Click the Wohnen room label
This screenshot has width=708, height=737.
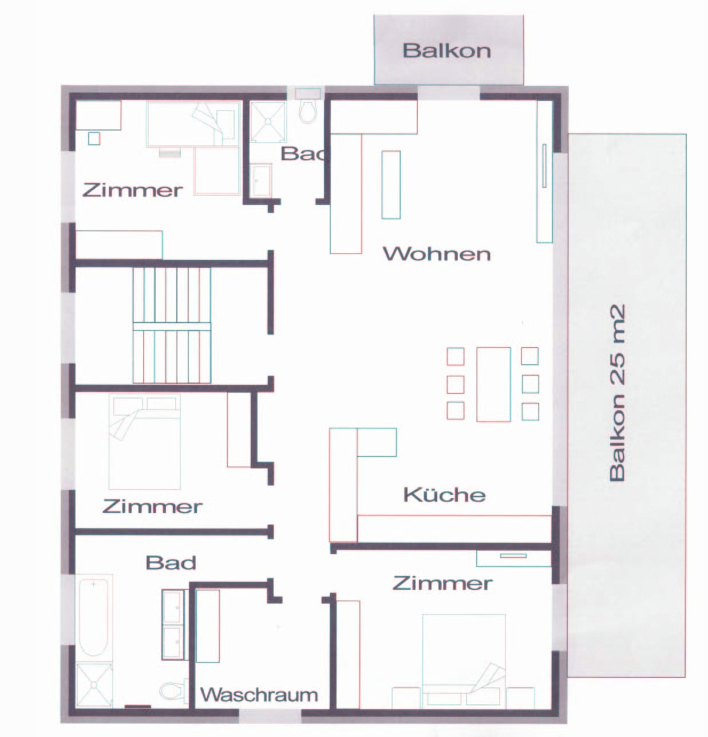pyautogui.click(x=437, y=254)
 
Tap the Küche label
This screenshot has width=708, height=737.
pyautogui.click(x=444, y=495)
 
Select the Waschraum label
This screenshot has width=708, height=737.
pyautogui.click(x=259, y=695)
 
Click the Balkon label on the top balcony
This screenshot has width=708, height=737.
pyautogui.click(x=447, y=51)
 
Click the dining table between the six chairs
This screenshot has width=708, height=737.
pyautogui.click(x=493, y=384)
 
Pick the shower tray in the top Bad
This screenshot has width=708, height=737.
pyautogui.click(x=268, y=121)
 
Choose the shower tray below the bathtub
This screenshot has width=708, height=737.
pyautogui.click(x=94, y=685)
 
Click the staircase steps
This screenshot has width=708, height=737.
pyautogui.click(x=172, y=325)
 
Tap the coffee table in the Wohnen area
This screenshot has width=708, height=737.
pyautogui.click(x=391, y=185)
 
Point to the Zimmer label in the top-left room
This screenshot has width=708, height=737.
pyautogui.click(x=133, y=190)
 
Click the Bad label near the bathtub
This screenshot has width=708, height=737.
pyautogui.click(x=171, y=563)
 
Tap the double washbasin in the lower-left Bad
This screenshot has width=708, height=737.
pyautogui.click(x=173, y=624)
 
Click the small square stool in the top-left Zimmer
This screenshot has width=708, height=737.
pyautogui.click(x=94, y=139)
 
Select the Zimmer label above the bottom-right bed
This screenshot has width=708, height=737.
pyautogui.click(x=442, y=583)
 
